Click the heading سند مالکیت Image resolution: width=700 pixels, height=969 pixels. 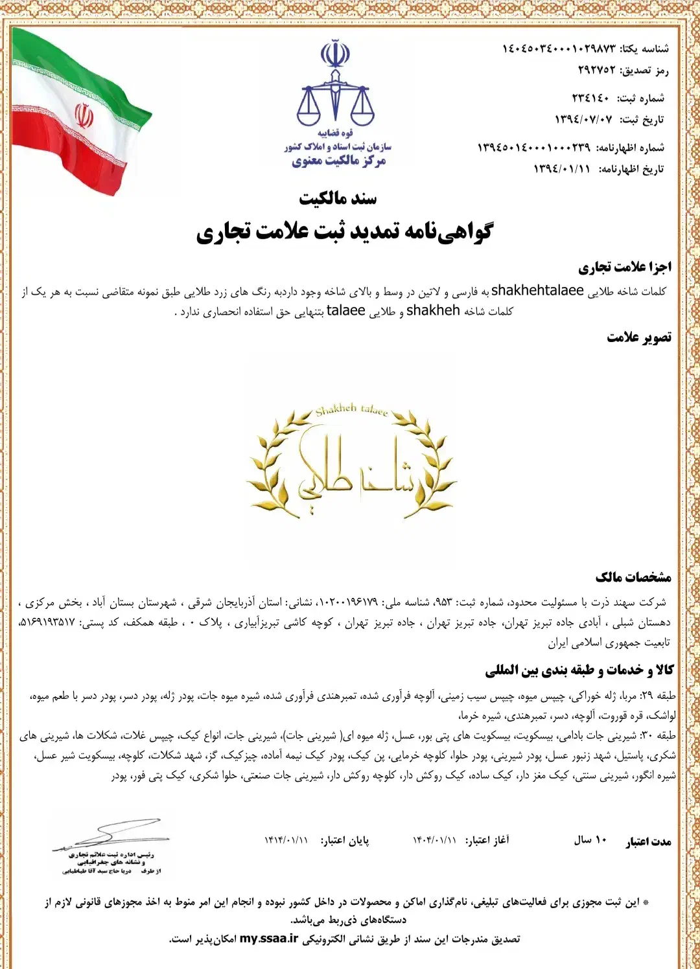pos(338,198)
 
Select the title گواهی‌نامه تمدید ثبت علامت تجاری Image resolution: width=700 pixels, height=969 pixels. pos(345,232)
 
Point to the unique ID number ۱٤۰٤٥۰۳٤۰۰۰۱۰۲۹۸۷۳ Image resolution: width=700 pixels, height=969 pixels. pos(559,49)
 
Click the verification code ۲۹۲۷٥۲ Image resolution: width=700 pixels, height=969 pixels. pos(597,70)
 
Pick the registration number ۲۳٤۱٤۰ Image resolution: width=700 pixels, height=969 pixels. pos(590,98)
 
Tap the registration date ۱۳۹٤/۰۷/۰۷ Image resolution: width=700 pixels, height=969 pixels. pos(583,119)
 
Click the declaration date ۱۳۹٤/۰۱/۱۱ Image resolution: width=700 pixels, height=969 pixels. pos(562,169)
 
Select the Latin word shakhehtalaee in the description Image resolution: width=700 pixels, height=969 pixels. pos(537,291)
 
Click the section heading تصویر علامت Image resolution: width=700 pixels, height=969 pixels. pos(639,337)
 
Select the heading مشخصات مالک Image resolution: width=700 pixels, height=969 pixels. pos(633,577)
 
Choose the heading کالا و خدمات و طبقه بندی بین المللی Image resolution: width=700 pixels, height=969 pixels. pos(579,670)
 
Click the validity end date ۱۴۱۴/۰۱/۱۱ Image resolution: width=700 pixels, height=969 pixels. pos(286,840)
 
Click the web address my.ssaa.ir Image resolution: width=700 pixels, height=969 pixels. pos(269,939)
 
